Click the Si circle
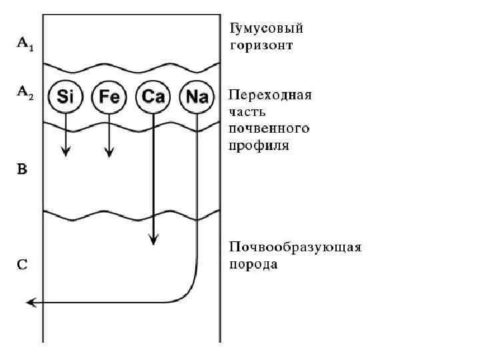coord(65,97)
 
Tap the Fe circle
coord(109,97)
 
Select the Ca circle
coord(153,97)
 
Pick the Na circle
coord(197,97)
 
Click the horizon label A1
coord(23,43)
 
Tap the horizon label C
coord(22,265)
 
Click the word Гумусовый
coord(267,29)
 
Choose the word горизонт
coord(261,46)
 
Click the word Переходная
coord(270,95)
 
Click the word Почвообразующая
coord(295,247)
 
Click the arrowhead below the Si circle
coord(65,151)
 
